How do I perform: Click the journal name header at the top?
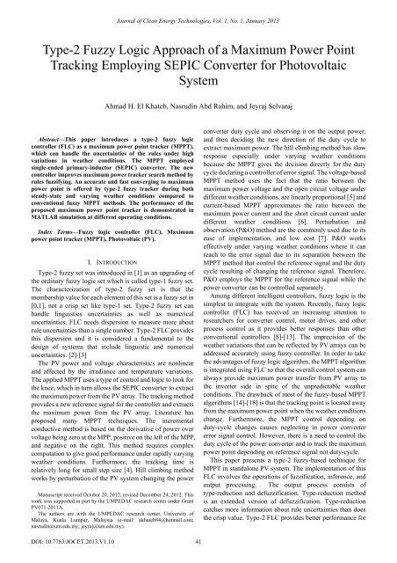coord(198,10)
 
